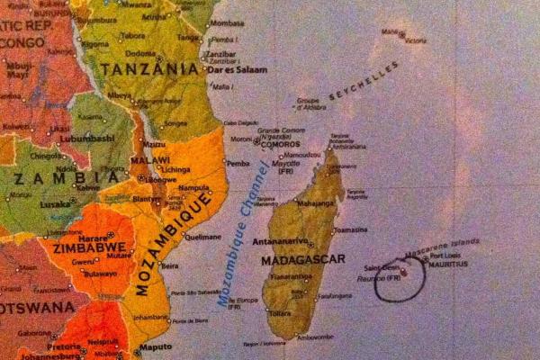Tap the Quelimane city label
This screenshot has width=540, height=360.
tap(203, 237)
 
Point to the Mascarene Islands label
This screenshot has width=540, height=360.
tap(443, 245)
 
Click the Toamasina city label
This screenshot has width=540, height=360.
tap(351, 229)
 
